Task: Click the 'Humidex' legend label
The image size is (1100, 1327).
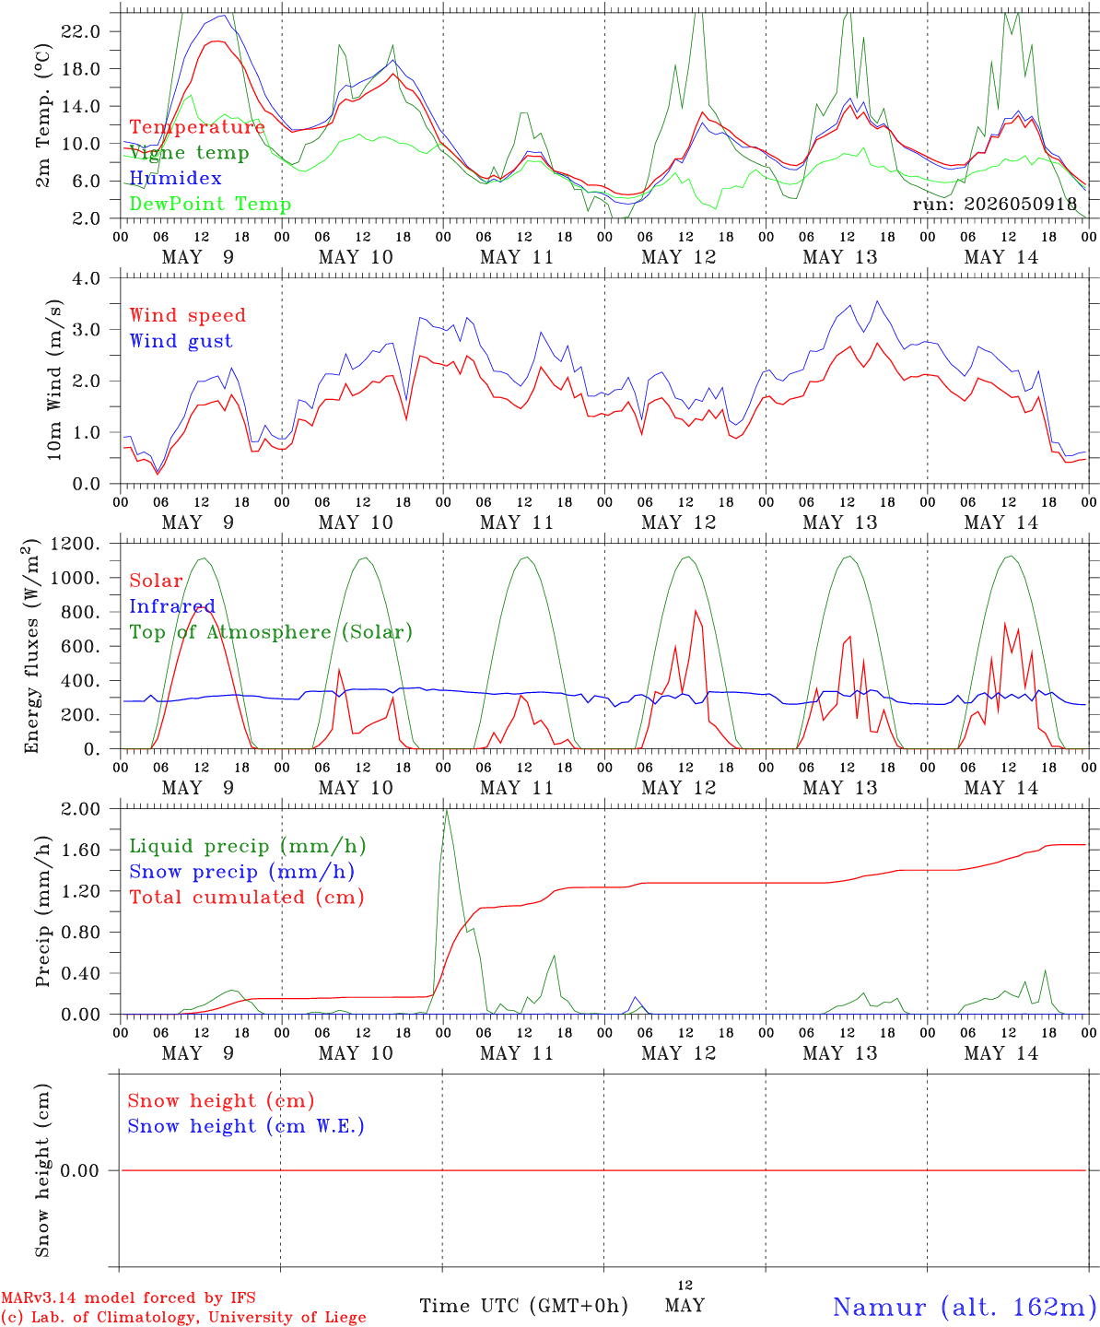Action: click(x=175, y=178)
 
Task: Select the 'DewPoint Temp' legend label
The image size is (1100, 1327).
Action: click(x=210, y=204)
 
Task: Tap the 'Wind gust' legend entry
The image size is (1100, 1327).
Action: click(x=181, y=341)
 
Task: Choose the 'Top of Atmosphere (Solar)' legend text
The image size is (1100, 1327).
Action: click(x=272, y=632)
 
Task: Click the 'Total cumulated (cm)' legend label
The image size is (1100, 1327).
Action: click(x=247, y=897)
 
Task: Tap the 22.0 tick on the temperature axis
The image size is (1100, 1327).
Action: click(x=80, y=31)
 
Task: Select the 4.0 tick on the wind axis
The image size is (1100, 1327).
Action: click(x=86, y=278)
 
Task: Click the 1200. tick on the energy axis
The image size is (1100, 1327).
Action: click(x=76, y=544)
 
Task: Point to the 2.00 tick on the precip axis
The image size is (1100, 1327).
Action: click(x=80, y=809)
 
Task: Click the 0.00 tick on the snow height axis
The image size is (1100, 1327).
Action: click(x=80, y=1170)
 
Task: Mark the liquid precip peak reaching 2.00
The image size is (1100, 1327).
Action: click(x=447, y=810)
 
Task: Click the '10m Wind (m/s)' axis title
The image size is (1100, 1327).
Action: click(x=54, y=380)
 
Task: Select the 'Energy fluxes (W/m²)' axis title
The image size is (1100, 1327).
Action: click(x=31, y=645)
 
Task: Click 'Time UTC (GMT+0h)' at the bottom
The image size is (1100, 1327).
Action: click(x=523, y=1306)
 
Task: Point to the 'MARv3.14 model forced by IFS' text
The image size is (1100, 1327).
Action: click(x=128, y=1298)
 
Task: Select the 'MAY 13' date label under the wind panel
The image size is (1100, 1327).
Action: click(x=839, y=523)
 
